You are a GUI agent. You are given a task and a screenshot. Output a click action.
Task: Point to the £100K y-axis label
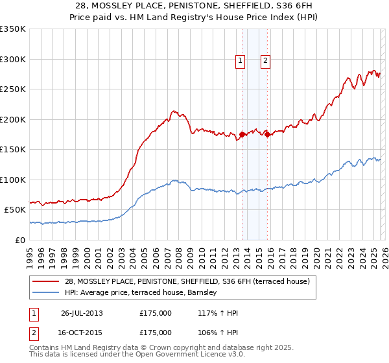tap(13, 180)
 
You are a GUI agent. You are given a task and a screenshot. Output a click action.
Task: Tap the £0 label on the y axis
tap(20, 240)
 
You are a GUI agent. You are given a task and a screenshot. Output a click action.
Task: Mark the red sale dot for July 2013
tap(242, 135)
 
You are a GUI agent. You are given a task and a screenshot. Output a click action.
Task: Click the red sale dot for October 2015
tap(267, 135)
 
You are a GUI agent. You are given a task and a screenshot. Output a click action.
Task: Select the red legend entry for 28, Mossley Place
tap(187, 281)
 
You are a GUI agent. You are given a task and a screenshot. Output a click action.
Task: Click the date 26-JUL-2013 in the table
tap(82, 313)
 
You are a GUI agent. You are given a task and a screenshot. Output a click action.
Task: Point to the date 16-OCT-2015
tap(82, 332)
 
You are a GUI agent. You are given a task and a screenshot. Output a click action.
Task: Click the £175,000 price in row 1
tap(156, 313)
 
